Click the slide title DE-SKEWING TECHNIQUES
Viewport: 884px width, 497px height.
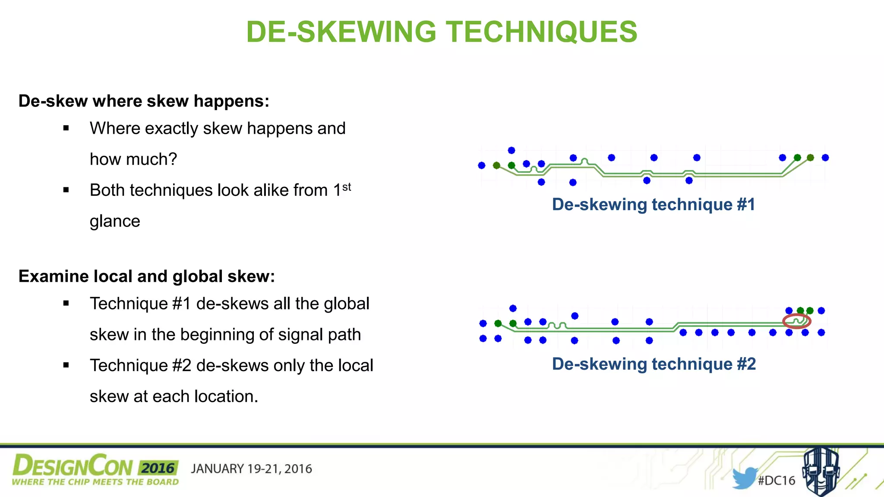442,32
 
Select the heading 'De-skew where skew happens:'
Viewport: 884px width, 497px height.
144,101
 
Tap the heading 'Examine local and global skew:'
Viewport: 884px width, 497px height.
147,276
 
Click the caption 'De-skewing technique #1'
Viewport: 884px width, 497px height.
654,204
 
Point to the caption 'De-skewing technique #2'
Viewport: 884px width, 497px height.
654,364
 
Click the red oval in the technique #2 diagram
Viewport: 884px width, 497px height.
797,321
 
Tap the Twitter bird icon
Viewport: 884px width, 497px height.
745,478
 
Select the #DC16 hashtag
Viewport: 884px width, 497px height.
777,481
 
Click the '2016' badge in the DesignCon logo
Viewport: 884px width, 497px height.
158,468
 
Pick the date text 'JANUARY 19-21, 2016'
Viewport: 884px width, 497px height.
251,469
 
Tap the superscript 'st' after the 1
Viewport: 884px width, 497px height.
347,187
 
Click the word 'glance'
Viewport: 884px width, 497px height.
115,221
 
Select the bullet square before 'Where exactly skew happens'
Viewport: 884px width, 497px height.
66,128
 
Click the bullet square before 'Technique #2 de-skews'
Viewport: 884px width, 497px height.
66,365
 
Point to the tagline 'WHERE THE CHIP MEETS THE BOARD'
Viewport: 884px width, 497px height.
95,482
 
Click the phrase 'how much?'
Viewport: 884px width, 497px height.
133,159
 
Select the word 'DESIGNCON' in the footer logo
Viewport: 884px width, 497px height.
73,466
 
